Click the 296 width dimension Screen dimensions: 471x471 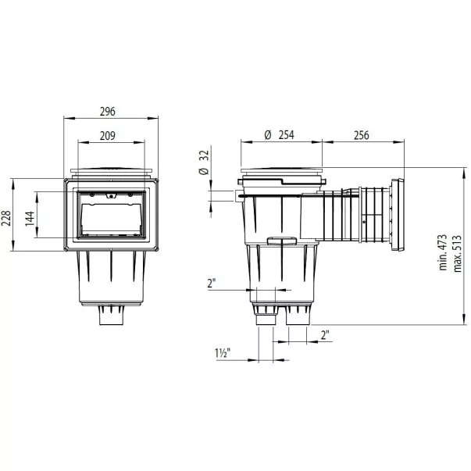pos(108,112)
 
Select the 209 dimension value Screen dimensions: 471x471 pos(108,136)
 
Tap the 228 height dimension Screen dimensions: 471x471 pos(6,218)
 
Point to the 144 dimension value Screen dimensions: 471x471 pos(30,219)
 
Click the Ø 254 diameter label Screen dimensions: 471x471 pos(280,135)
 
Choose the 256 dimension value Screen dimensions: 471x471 pos(362,135)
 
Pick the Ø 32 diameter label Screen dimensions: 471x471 pos(204,162)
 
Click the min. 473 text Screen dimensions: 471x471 pos(443,252)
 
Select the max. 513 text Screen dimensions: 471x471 pos(457,254)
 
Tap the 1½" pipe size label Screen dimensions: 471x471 pos(223,352)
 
